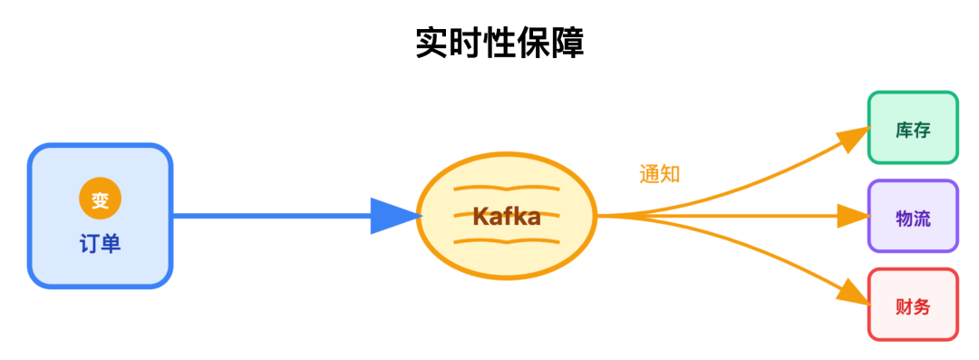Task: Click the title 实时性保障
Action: (x=499, y=43)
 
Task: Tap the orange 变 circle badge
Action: (x=101, y=199)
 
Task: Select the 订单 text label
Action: (x=101, y=244)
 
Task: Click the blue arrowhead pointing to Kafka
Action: (x=395, y=216)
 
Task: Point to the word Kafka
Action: (x=507, y=217)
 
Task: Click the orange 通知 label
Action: (x=659, y=174)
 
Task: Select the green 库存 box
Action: (x=913, y=128)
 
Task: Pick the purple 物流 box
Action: (x=913, y=217)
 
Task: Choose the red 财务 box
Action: (x=913, y=305)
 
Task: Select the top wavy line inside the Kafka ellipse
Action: (x=507, y=190)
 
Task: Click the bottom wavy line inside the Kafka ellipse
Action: (x=507, y=241)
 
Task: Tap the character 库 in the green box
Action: (x=904, y=129)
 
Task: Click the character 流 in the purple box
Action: (x=922, y=218)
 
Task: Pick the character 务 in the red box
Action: (x=922, y=306)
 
